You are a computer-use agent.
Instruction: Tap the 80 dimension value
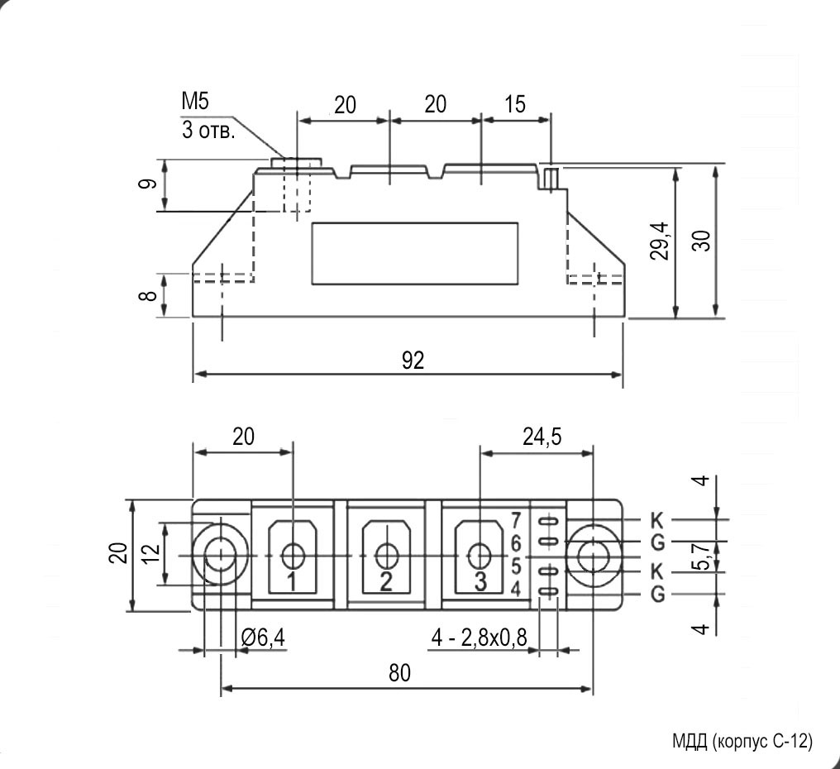coord(399,673)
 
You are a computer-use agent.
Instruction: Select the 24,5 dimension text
coord(542,437)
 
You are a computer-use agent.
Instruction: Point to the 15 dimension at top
coord(514,104)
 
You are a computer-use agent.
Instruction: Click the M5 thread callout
coord(196,102)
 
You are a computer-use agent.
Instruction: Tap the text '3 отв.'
coord(208,130)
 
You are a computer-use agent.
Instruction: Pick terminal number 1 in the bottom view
coord(292,581)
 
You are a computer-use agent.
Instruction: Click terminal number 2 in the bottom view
coord(385,581)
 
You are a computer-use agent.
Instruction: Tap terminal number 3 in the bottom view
coord(480,581)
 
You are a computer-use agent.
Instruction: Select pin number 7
coord(515,520)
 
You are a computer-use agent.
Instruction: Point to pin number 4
coord(515,590)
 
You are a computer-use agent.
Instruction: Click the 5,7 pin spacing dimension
coord(702,556)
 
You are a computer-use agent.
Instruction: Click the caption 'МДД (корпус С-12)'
coord(742,741)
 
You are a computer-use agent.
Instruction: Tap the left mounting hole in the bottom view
coord(221,556)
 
